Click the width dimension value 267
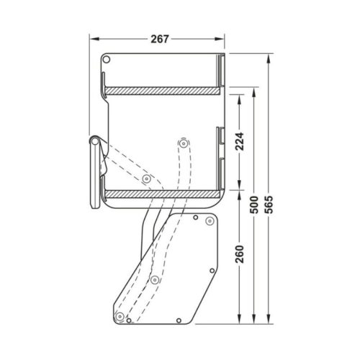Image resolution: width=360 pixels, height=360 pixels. pyautogui.click(x=160, y=39)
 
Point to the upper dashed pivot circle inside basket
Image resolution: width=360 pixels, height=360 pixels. pyautogui.click(x=183, y=144)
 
